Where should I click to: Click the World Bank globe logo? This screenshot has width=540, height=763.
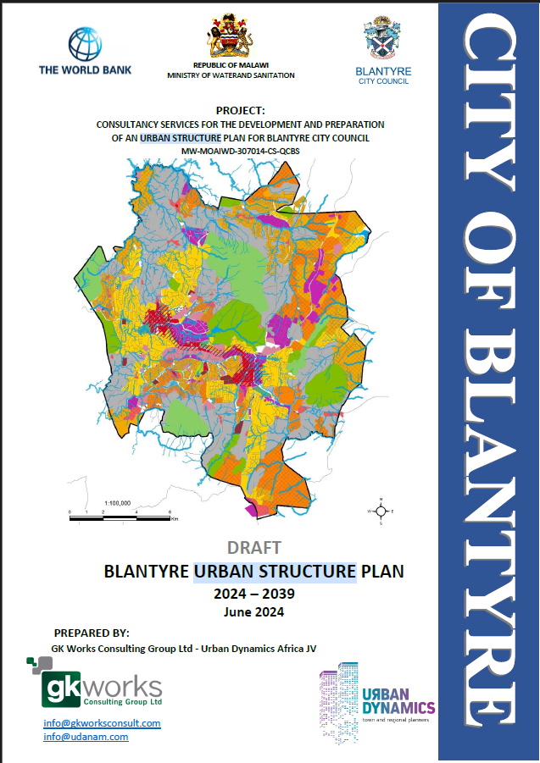point(85,42)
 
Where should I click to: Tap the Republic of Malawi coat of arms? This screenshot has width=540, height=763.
point(231,36)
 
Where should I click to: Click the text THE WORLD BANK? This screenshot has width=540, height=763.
point(85,69)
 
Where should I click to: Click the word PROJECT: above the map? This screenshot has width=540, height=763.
point(241,111)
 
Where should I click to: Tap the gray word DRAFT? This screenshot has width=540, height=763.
point(254,548)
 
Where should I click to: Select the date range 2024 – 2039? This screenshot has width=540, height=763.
point(254,594)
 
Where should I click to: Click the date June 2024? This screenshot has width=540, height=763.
point(254,611)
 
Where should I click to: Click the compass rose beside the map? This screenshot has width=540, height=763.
point(381,511)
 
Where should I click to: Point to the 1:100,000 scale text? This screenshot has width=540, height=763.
point(117,503)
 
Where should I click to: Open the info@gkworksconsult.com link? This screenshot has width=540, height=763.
point(102,723)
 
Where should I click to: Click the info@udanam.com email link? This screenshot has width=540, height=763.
point(86,737)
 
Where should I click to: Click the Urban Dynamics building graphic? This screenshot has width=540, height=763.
point(338,696)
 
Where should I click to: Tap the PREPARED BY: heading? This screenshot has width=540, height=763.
point(91,633)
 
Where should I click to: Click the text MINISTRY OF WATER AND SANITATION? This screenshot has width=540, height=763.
point(231,75)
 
